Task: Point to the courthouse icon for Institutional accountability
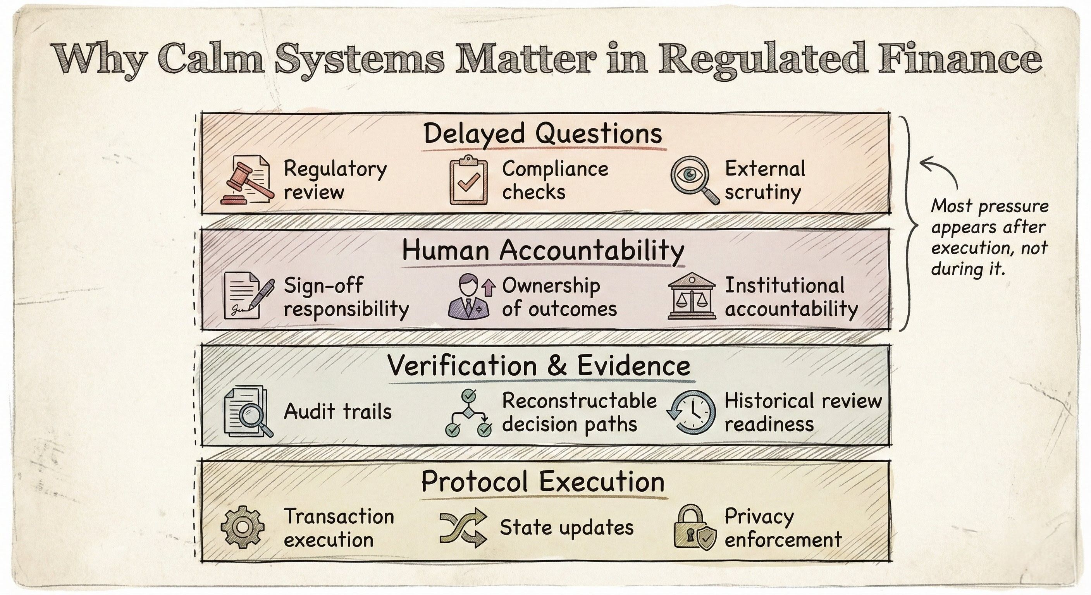(691, 296)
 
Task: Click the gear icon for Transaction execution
(242, 527)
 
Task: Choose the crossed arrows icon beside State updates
(463, 528)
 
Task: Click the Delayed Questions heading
(542, 134)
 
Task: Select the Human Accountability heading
(542, 250)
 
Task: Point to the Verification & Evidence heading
(539, 366)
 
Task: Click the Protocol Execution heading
(542, 482)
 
